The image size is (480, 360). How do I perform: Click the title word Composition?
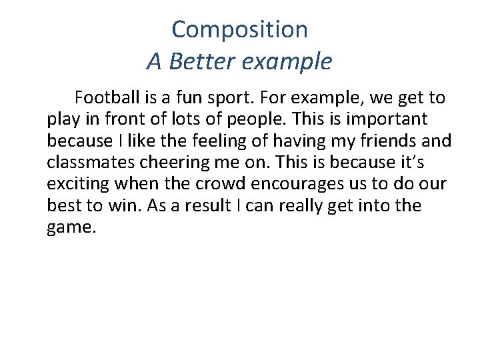[239, 29]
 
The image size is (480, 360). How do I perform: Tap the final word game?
[71, 227]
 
